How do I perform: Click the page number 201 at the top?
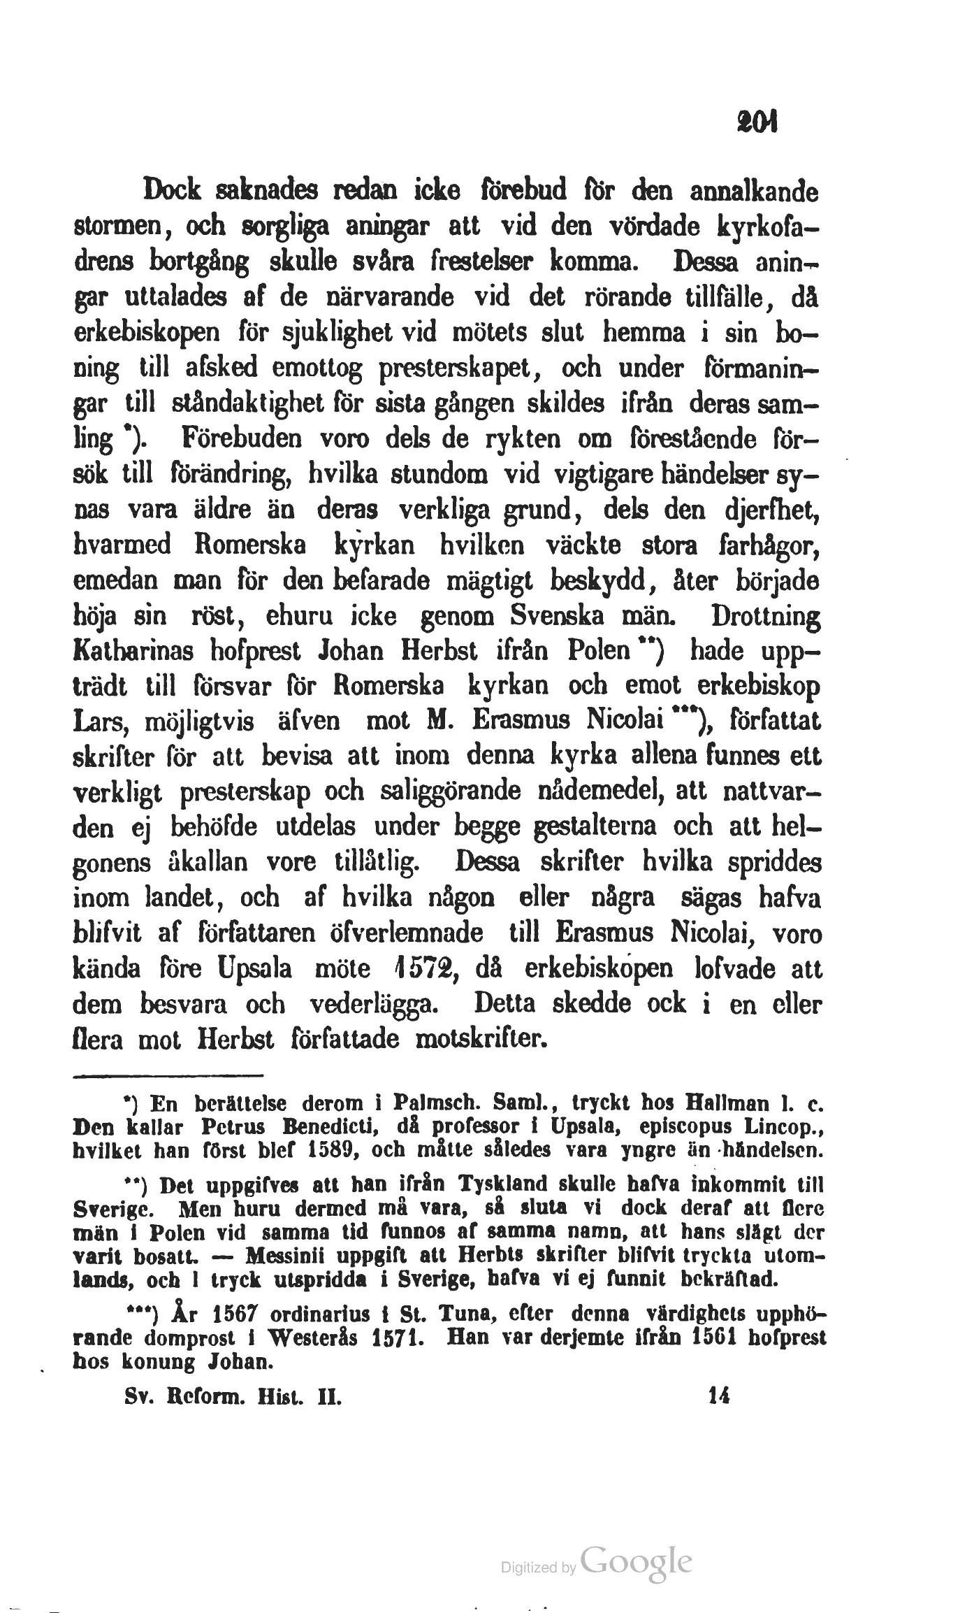746,126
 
